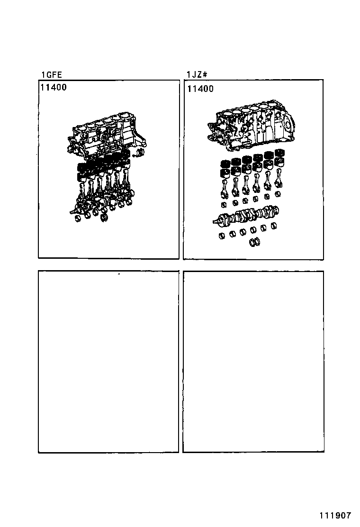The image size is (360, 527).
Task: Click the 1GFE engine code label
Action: pyautogui.click(x=51, y=74)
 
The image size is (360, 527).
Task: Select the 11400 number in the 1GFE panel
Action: pyautogui.click(x=53, y=87)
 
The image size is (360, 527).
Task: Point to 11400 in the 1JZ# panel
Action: pyautogui.click(x=200, y=89)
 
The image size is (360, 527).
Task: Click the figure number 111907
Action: pyautogui.click(x=335, y=516)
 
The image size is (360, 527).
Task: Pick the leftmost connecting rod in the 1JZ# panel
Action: pyautogui.click(x=225, y=187)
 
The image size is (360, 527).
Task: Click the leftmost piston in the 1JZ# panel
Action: pyautogui.click(x=225, y=168)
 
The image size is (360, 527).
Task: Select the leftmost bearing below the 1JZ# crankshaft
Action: pyautogui.click(x=222, y=235)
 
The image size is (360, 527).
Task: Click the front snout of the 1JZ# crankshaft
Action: pyautogui.click(x=218, y=220)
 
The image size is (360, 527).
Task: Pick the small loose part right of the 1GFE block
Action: pyautogui.click(x=138, y=153)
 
